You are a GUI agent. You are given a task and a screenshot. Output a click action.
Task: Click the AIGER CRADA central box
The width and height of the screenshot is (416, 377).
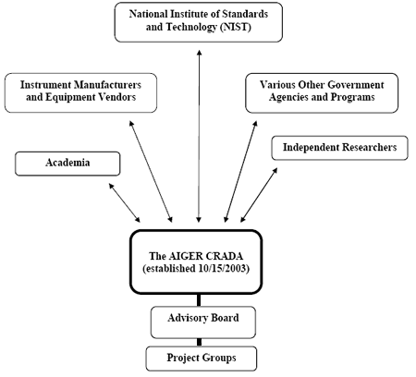pyautogui.click(x=200, y=263)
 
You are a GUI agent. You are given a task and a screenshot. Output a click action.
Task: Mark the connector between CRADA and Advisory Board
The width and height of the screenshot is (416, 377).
pyautogui.click(x=201, y=299)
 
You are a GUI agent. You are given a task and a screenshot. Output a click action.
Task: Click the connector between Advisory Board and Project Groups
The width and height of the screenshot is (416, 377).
pyautogui.click(x=201, y=338)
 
